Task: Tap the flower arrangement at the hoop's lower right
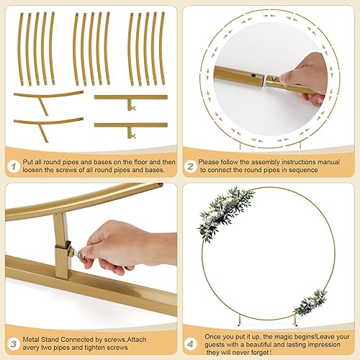click(x=311, y=302)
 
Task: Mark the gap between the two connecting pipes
click(x=263, y=81)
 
